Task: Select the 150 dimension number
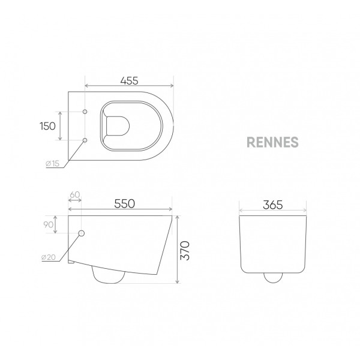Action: click(x=48, y=126)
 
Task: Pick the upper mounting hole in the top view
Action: click(x=85, y=112)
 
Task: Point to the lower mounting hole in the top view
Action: click(x=85, y=140)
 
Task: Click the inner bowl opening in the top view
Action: click(x=116, y=126)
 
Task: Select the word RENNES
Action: click(x=272, y=143)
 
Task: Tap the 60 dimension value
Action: click(x=74, y=195)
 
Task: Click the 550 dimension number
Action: click(x=125, y=204)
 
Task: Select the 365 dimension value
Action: click(x=274, y=204)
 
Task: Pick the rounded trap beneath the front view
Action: click(x=274, y=278)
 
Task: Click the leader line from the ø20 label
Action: click(x=71, y=247)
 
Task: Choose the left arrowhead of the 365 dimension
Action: click(x=241, y=211)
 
